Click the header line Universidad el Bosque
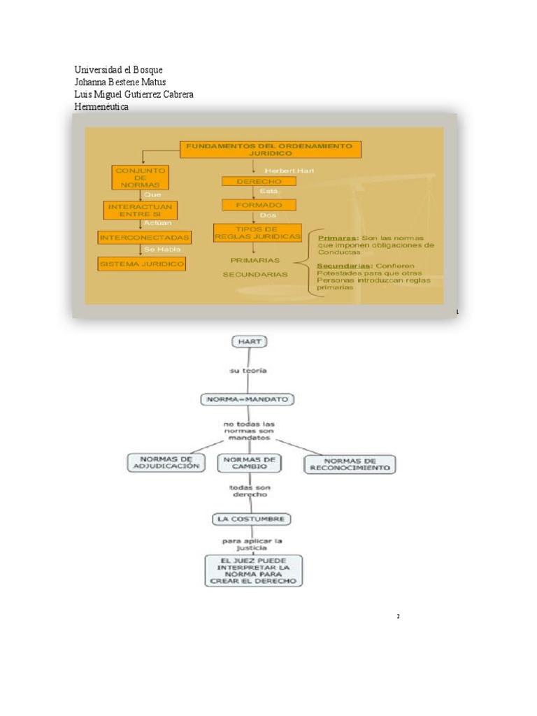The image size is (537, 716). click(x=118, y=70)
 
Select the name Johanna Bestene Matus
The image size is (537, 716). click(x=120, y=82)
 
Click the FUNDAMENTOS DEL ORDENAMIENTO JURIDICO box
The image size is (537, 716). click(x=271, y=150)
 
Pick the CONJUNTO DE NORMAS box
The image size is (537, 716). click(x=140, y=178)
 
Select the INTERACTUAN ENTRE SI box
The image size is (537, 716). click(x=140, y=210)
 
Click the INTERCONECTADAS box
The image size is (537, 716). click(x=144, y=238)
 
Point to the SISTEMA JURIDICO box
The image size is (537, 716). click(x=142, y=264)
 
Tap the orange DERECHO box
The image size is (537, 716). click(x=259, y=181)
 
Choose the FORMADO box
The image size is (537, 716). click(x=259, y=205)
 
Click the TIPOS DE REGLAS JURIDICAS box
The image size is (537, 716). click(x=257, y=233)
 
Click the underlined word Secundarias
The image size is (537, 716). click(x=344, y=266)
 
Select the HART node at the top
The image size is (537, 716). click(x=249, y=341)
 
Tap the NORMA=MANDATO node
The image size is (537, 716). click(x=248, y=399)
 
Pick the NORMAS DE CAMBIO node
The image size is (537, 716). click(x=249, y=463)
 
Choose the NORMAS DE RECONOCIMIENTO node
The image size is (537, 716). click(x=350, y=464)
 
